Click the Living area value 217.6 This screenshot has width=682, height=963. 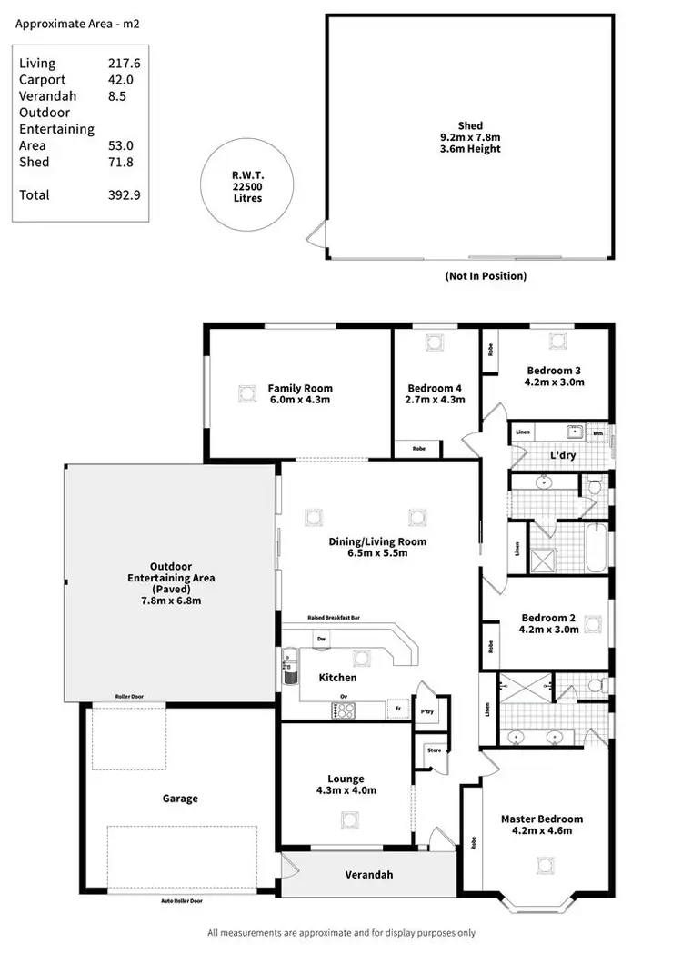tap(124, 63)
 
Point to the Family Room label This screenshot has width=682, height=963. tap(299, 389)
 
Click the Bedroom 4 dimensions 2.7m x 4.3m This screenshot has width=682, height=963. tap(435, 400)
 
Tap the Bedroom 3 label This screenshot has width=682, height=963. tap(555, 370)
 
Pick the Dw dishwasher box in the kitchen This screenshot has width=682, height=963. tap(321, 640)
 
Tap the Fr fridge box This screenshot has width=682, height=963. tap(397, 706)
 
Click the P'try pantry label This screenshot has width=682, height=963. tap(425, 710)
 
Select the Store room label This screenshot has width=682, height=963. tap(434, 750)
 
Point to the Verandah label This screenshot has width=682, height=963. tap(368, 875)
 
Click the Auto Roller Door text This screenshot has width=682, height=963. tap(181, 901)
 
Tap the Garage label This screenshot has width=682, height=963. tap(180, 799)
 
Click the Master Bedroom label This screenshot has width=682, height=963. tap(542, 819)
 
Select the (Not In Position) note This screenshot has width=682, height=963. tap(486, 276)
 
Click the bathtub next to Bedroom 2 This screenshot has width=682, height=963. tap(596, 547)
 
